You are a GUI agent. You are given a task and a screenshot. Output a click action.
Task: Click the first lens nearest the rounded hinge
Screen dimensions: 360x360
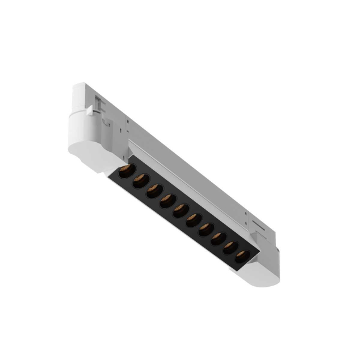tap(126, 172)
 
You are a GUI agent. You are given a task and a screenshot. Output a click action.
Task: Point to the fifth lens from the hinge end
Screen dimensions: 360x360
tap(181, 209)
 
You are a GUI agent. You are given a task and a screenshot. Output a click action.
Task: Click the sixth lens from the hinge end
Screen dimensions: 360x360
tap(193, 219)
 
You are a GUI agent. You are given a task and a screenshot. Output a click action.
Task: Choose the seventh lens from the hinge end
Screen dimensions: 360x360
tap(206, 229)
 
